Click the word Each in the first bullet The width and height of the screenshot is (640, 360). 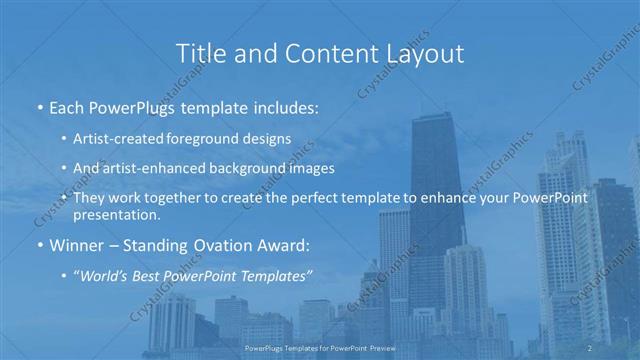(x=67, y=107)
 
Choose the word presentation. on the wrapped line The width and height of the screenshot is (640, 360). (x=117, y=215)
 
